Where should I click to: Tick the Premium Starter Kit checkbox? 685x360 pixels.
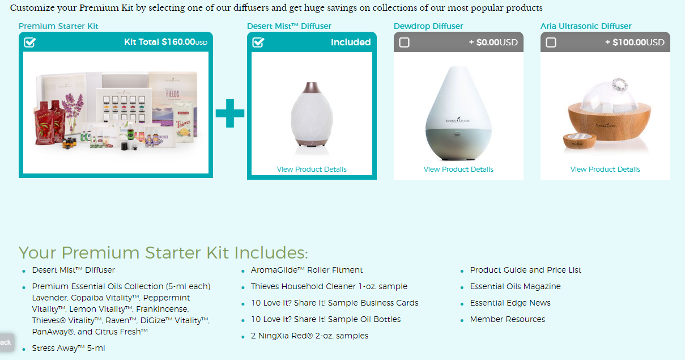point(30,43)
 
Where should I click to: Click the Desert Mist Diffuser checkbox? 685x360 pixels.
point(258,43)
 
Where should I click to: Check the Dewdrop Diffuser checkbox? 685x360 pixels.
point(404,43)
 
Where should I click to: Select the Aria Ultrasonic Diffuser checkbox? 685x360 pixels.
point(551,43)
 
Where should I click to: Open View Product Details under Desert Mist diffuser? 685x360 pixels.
point(312,170)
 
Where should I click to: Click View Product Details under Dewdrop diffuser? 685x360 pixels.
point(458,170)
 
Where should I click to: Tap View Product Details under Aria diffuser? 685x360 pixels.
point(605,170)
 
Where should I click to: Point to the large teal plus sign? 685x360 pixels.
point(230,113)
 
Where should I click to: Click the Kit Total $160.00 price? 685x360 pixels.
point(165,43)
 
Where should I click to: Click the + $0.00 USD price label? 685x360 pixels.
point(493,43)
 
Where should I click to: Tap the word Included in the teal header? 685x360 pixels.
point(351,43)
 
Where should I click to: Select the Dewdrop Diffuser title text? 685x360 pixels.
point(428,26)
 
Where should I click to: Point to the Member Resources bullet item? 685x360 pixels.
point(507,319)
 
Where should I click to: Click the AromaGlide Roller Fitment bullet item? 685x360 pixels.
point(307,270)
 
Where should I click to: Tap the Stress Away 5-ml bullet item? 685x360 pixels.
point(68,348)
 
